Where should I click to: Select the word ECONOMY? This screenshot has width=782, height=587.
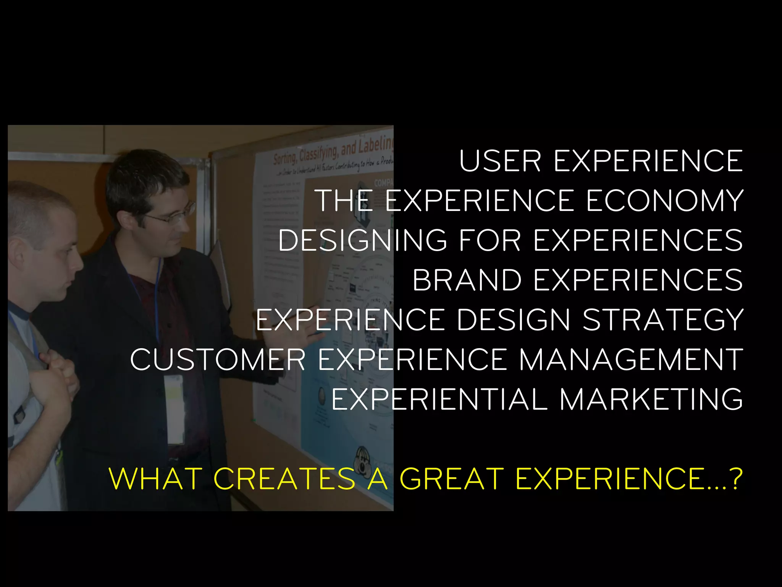(x=665, y=201)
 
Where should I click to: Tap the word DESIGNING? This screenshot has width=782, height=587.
(x=362, y=241)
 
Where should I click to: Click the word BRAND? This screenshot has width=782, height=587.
(x=467, y=281)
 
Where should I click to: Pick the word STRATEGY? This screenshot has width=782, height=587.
(x=663, y=320)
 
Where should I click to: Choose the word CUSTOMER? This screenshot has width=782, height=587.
(x=218, y=360)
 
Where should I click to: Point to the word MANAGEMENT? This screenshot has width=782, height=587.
(x=631, y=360)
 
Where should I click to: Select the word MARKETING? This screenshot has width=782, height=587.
(x=651, y=400)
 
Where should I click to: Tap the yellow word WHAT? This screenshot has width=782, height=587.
(x=155, y=479)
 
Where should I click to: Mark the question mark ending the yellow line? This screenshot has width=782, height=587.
(x=735, y=479)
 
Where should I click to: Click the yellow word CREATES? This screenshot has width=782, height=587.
(x=284, y=479)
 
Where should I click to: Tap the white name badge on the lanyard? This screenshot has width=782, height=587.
(x=174, y=409)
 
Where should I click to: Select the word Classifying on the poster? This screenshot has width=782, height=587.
(x=319, y=152)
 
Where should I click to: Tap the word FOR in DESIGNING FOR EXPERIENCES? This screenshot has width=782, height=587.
(x=490, y=241)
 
